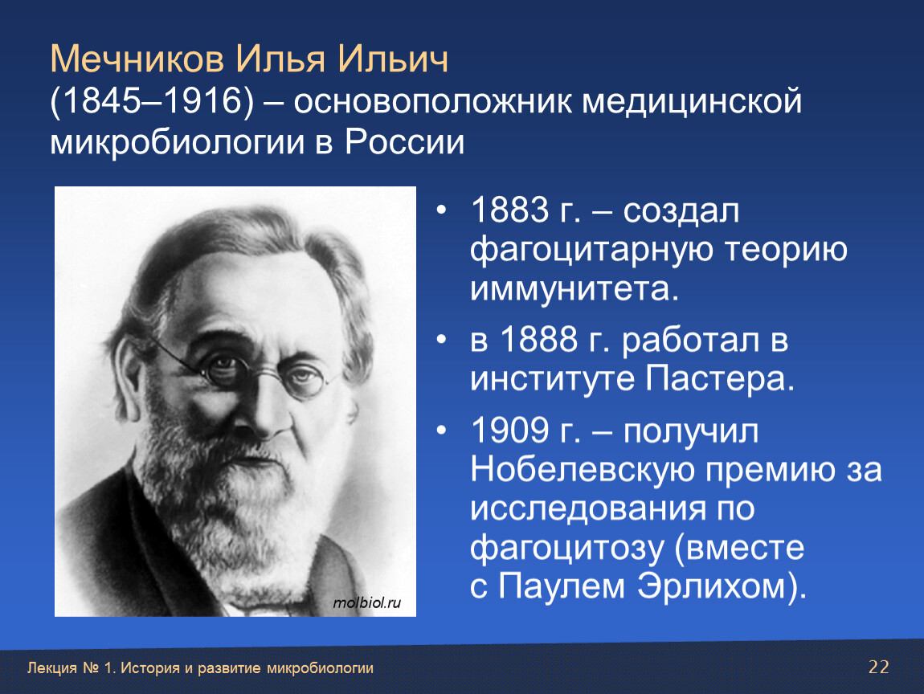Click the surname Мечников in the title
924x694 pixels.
click(x=137, y=59)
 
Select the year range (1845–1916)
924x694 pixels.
click(x=152, y=100)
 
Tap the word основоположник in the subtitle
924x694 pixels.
click(x=432, y=101)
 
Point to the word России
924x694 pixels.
click(x=405, y=141)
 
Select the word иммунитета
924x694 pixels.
click(x=574, y=288)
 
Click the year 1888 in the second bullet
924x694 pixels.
click(x=538, y=340)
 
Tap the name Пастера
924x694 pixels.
click(x=720, y=378)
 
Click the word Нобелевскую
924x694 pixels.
click(x=583, y=470)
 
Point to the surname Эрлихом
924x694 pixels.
click(x=722, y=587)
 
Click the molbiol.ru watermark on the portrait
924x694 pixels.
click(x=366, y=602)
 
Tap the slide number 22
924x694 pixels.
click(x=879, y=667)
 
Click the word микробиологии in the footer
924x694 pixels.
click(x=320, y=668)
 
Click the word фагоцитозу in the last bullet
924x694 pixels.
click(x=567, y=549)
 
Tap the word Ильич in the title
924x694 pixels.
click(x=393, y=59)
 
